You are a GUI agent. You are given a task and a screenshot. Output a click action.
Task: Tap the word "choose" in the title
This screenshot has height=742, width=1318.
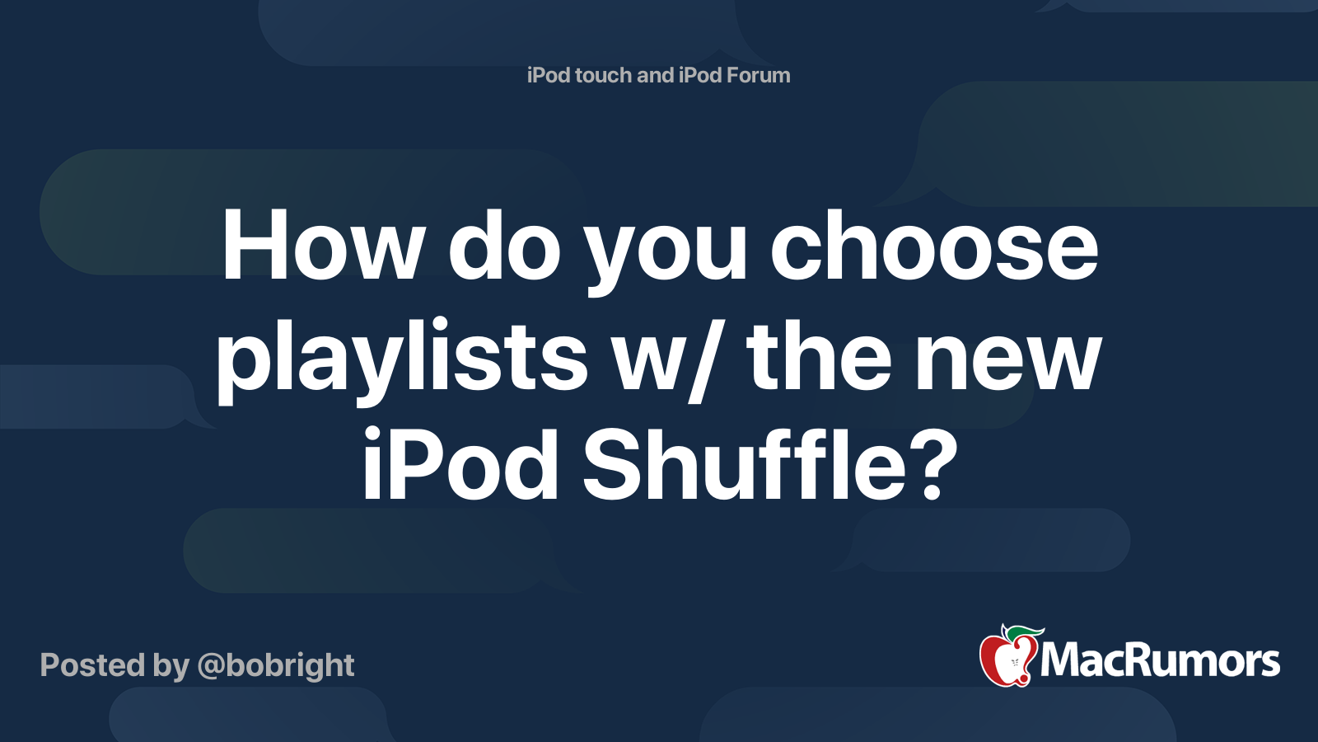click(x=934, y=244)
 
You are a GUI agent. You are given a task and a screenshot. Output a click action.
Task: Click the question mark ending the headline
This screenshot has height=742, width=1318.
click(x=938, y=464)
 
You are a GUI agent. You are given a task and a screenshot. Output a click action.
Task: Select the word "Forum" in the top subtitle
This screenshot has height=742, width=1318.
click(x=758, y=75)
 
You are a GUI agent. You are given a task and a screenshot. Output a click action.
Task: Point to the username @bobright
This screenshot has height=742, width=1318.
click(x=276, y=666)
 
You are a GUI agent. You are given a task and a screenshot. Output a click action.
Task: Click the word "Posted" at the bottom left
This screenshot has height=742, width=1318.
click(x=93, y=665)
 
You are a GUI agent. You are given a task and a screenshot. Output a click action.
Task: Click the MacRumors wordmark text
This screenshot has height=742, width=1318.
click(x=1160, y=661)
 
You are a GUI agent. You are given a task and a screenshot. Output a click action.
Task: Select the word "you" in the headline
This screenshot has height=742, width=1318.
click(x=666, y=252)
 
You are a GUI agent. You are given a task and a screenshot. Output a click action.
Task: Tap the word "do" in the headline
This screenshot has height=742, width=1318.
click(x=504, y=244)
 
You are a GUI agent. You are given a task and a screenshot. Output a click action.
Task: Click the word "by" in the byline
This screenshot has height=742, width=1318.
click(x=171, y=667)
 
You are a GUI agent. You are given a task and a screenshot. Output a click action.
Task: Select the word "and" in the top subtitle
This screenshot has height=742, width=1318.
click(x=656, y=75)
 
